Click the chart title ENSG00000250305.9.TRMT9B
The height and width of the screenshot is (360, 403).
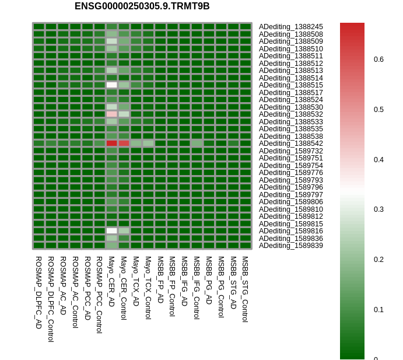[142, 6]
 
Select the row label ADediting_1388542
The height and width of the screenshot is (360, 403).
[290, 144]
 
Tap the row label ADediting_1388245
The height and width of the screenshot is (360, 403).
[290, 27]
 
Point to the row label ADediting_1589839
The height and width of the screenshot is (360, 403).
[290, 246]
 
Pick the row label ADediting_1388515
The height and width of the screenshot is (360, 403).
[290, 85]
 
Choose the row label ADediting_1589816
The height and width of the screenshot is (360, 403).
[290, 231]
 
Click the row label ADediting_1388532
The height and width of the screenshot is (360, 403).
[290, 114]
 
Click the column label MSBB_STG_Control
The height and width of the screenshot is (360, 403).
[245, 289]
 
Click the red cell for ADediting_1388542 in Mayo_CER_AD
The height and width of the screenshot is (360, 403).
[111, 143]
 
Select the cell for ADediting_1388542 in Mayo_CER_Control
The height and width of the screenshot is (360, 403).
[124, 143]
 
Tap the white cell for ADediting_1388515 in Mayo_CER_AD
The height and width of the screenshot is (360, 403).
[111, 85]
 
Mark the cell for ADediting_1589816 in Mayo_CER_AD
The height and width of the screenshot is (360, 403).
[111, 230]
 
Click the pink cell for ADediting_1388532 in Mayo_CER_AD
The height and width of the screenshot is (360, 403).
[111, 114]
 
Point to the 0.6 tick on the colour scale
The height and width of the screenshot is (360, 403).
[379, 60]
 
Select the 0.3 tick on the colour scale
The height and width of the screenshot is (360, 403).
[379, 209]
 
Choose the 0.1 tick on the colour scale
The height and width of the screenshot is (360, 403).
[379, 310]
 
